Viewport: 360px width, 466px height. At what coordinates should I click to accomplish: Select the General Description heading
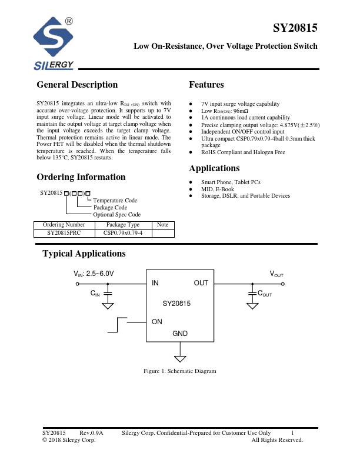click(x=77, y=85)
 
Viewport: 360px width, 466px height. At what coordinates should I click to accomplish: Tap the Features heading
click(x=206, y=85)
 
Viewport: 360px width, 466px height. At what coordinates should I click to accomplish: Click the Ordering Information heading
click(x=81, y=177)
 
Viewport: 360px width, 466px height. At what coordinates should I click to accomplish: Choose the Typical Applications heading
click(x=84, y=254)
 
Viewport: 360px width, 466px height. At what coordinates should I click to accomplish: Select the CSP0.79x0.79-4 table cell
click(x=122, y=233)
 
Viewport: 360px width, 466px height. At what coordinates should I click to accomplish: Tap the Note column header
click(x=163, y=225)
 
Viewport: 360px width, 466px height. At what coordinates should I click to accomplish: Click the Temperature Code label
click(x=115, y=201)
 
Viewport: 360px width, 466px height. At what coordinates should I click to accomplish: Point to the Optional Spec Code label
click(x=117, y=215)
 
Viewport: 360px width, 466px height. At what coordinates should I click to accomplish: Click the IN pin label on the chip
click(x=155, y=283)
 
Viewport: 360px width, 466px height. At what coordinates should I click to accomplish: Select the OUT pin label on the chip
click(x=201, y=283)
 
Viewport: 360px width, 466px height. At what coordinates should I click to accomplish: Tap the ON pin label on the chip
click(x=157, y=322)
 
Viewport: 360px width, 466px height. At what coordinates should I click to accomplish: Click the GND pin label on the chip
click(x=180, y=334)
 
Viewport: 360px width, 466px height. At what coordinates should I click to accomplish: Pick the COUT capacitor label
click(x=265, y=293)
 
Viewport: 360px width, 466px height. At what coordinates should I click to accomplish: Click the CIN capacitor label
click(x=95, y=293)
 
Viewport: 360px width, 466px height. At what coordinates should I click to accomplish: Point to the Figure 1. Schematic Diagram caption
click(x=180, y=371)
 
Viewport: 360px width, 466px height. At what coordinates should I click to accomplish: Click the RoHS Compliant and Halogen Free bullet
click(x=243, y=152)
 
